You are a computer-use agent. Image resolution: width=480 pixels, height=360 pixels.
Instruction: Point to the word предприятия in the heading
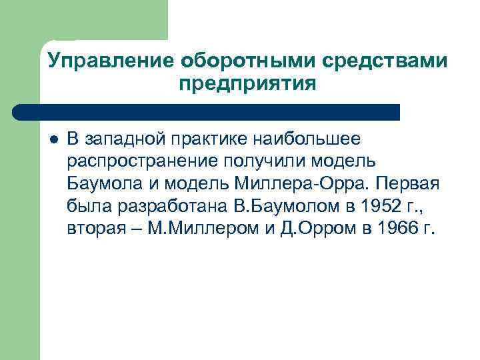pyautogui.click(x=247, y=84)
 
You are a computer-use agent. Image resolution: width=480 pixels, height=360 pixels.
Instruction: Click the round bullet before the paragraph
pyautogui.click(x=53, y=140)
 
